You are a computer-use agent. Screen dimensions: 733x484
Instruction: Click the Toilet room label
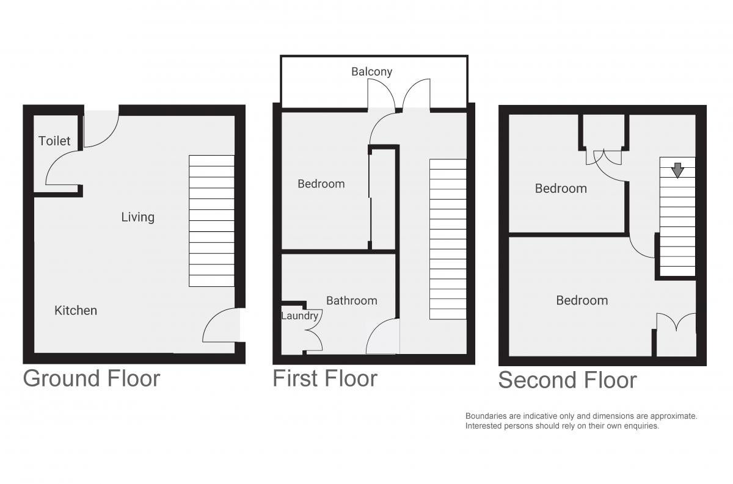[54, 141]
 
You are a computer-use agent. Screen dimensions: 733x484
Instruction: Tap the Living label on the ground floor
[138, 217]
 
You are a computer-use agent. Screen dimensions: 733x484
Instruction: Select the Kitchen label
[76, 310]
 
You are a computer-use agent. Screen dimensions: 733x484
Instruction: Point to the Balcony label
[372, 71]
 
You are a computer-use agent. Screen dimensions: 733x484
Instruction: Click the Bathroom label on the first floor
[352, 300]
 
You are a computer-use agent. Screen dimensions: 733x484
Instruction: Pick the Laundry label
[300, 316]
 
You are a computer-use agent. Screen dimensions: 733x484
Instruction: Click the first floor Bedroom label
[321, 184]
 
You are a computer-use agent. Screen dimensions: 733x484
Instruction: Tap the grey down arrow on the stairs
[677, 170]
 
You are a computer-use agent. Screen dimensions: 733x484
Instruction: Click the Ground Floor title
[91, 378]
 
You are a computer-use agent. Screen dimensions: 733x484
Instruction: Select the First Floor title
[325, 378]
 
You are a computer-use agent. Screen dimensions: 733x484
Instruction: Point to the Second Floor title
[567, 380]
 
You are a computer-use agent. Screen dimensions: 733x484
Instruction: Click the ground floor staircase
[211, 221]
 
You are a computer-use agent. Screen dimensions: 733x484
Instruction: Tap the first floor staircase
[448, 239]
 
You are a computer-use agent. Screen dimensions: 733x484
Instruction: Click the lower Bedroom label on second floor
[582, 300]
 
